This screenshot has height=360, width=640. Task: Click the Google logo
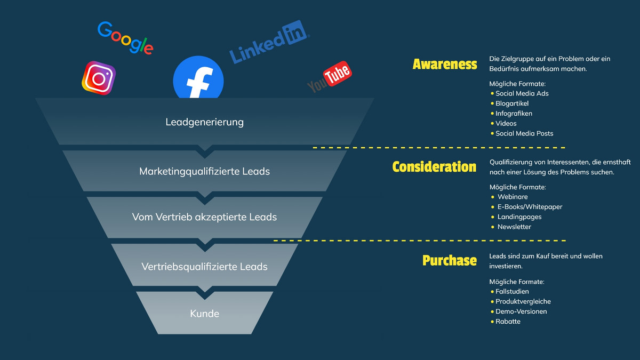[x=125, y=37]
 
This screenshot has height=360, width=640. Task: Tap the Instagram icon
[x=99, y=78]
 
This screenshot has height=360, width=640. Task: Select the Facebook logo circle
[x=198, y=79]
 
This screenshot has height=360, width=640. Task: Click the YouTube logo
[x=330, y=78]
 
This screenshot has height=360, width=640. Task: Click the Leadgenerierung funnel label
[x=204, y=122]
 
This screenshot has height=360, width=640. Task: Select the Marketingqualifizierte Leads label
[x=204, y=171]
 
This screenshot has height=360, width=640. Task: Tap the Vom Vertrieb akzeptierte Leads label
[x=204, y=217]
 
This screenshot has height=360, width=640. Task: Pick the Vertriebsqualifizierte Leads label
[x=204, y=266]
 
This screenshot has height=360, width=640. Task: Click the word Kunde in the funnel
[x=204, y=314]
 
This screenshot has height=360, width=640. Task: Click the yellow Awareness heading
[x=445, y=65]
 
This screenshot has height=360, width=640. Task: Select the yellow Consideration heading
[x=434, y=167]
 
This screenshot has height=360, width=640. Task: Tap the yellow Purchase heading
[x=450, y=260]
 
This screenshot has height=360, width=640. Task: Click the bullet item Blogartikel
[x=512, y=103]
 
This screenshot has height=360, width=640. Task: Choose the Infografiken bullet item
[x=514, y=114]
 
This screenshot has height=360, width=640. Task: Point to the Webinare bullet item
[x=513, y=197]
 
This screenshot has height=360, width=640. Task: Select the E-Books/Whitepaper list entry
[x=530, y=207]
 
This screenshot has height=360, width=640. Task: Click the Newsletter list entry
[x=514, y=227]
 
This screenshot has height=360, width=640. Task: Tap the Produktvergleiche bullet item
[x=523, y=302]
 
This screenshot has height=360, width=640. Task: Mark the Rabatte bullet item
[x=508, y=322]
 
